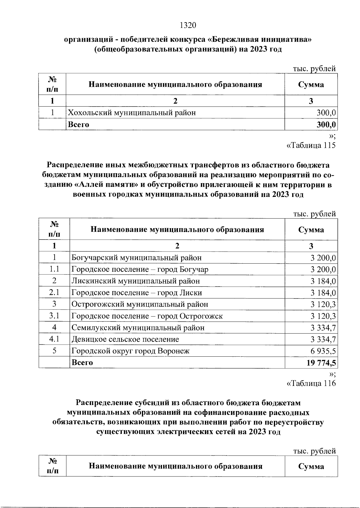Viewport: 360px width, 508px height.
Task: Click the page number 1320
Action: pos(188,26)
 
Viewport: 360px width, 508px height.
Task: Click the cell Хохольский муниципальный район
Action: pos(132,113)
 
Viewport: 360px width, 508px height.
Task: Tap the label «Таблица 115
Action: pos(311,146)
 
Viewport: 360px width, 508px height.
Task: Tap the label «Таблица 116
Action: pos(311,383)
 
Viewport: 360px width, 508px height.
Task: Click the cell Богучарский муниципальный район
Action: pos(136,258)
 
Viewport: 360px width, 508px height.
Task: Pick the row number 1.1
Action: pos(54,269)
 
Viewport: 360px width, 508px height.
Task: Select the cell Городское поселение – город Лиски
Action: pos(137,293)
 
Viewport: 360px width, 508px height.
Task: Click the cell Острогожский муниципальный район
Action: pos(140,304)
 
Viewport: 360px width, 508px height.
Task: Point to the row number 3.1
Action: pos(54,316)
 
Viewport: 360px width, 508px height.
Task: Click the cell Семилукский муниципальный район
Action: pos(138,328)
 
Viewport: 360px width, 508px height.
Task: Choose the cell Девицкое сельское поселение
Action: pos(125,340)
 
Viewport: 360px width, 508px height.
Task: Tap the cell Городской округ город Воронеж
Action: pos(130,351)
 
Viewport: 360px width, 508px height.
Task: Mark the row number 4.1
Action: pos(54,339)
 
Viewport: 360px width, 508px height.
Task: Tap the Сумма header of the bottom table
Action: pos(311,466)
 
